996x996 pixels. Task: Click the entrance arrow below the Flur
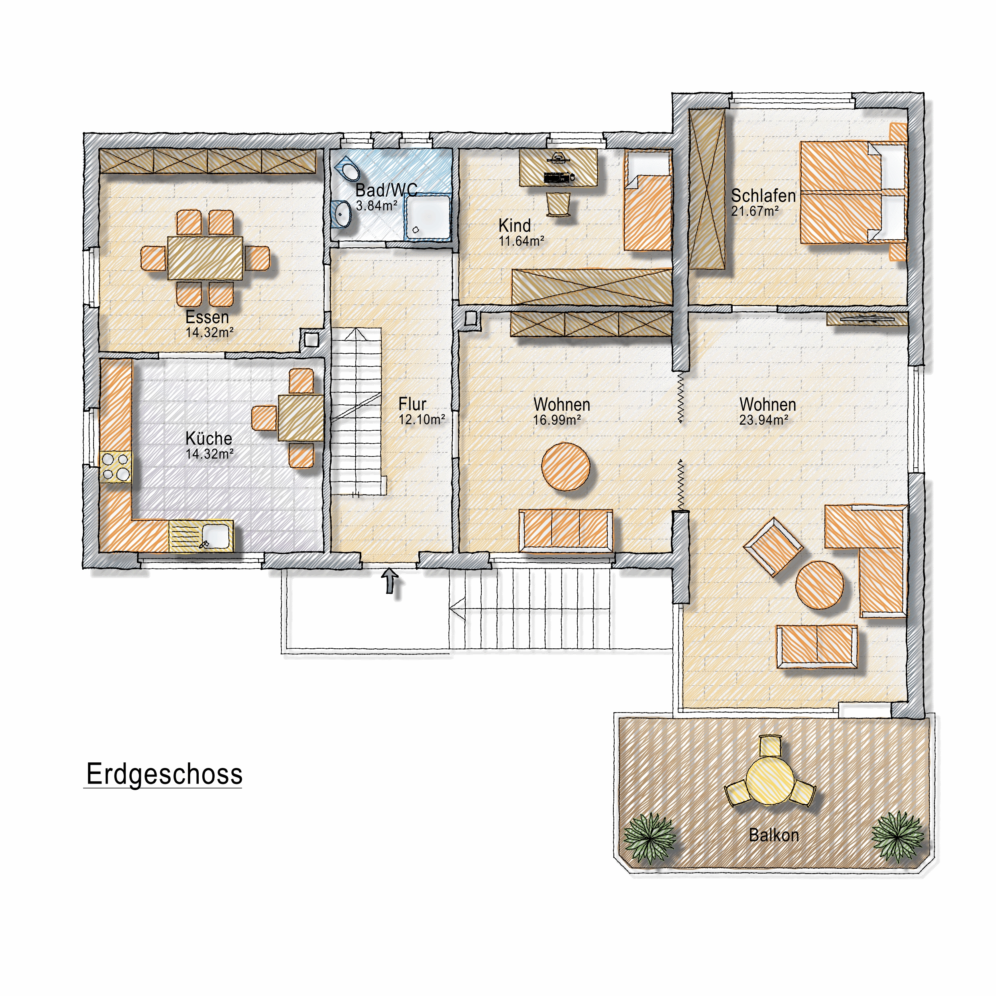390,580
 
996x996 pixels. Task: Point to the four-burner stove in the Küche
116,466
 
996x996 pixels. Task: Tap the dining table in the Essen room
205,258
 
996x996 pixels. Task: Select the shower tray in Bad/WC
428,216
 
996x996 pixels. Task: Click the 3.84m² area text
376,206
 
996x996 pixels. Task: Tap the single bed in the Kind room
648,201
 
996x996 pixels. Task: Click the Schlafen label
764,196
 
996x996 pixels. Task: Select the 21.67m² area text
755,211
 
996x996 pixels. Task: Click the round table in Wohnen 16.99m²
566,466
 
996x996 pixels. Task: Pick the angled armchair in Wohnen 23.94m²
773,547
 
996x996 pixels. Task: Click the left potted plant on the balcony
650,838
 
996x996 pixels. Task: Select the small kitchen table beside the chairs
301,418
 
